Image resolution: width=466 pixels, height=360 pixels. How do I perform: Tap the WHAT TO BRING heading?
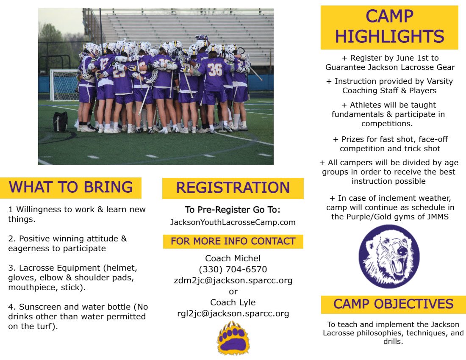tap(71, 187)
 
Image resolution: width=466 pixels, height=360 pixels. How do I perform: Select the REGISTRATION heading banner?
tap(233, 188)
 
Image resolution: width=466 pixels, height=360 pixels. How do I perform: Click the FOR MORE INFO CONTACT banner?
tap(233, 241)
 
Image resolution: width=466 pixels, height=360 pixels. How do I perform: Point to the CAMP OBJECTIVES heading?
tap(393, 304)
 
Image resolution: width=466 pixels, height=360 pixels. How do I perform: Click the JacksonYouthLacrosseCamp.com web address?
tap(233, 222)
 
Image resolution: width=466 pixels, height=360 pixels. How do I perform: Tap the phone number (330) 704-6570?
tap(233, 269)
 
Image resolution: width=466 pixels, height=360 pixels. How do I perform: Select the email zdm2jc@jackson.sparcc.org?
tap(233, 280)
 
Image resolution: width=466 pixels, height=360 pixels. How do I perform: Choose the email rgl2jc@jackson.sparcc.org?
tap(233, 313)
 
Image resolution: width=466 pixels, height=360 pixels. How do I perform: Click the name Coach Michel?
tap(233, 258)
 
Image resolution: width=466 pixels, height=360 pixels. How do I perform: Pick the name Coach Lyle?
tap(233, 302)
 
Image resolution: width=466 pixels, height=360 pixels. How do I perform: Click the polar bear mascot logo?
tap(389, 257)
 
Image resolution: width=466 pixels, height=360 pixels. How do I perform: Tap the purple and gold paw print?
tap(233, 338)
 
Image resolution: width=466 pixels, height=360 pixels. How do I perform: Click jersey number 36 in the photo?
tap(215, 69)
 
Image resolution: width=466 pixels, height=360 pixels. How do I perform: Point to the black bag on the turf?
tap(60, 122)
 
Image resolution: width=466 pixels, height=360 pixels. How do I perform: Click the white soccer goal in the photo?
tap(64, 85)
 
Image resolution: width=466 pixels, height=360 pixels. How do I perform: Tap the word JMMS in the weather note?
tap(441, 216)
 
